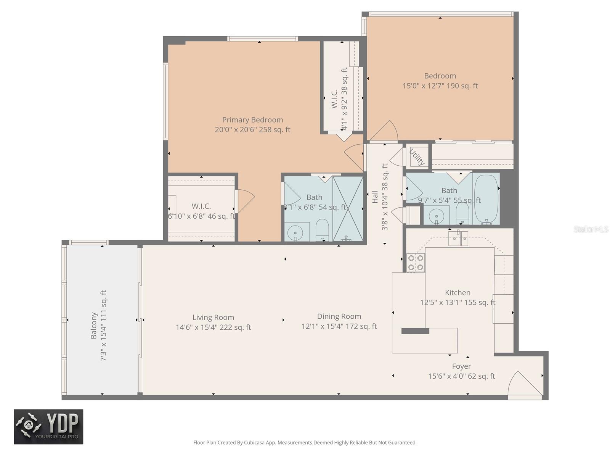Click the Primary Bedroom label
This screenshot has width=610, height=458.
coord(252,120)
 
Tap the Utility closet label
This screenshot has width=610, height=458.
coord(417,157)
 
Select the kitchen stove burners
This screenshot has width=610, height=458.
coord(416,263)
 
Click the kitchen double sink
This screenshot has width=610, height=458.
coord(458,239)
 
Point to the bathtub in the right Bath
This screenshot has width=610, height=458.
coord(486,199)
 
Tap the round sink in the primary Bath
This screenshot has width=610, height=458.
coord(295,232)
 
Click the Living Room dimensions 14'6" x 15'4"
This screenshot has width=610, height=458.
coord(213,327)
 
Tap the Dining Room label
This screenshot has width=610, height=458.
coord(339,316)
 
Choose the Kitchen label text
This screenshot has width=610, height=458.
coord(457,293)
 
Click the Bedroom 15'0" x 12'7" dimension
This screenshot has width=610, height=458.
coord(440,86)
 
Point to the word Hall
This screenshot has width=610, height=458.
coord(375,197)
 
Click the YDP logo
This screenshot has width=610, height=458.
coord(48,426)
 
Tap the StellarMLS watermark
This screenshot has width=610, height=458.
coord(591,229)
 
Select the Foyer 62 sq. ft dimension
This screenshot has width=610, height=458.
coord(461,376)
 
